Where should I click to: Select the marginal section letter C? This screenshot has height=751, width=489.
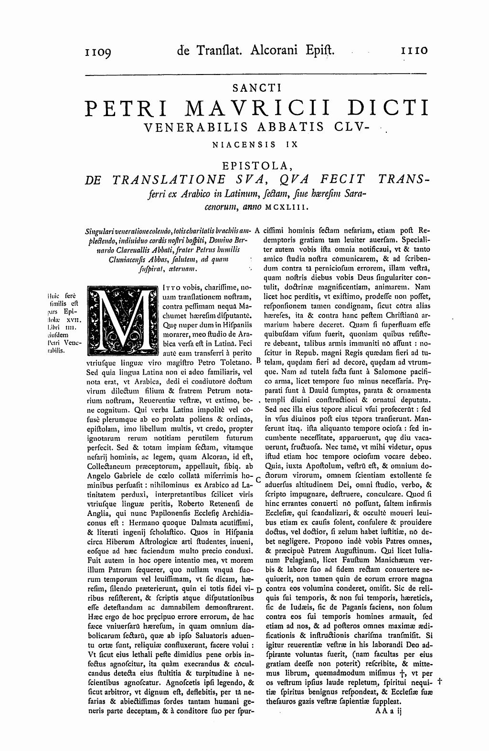pos(258,479)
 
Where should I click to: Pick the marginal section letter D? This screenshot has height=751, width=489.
pos(258,589)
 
